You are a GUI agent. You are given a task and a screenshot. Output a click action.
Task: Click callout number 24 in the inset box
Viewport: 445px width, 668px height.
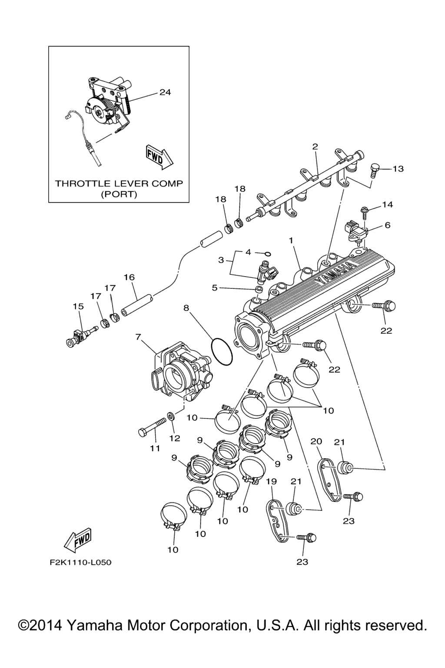point(165,92)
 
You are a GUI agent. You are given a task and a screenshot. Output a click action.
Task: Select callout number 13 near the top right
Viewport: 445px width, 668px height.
point(398,169)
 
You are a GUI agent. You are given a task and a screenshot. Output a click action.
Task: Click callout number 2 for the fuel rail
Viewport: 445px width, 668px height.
point(315,146)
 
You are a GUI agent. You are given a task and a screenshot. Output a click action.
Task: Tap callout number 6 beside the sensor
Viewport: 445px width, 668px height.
point(387,225)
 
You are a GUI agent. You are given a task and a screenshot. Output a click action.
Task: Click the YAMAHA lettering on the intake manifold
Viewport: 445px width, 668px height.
point(334,274)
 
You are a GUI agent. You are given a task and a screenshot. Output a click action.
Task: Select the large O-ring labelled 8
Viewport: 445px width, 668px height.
point(222,352)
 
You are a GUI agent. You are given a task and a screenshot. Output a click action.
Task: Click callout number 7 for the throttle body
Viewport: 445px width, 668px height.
point(138,337)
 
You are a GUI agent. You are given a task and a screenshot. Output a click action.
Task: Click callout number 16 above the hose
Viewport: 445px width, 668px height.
point(129,277)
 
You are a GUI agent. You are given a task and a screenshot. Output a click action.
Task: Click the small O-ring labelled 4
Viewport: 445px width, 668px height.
point(268,254)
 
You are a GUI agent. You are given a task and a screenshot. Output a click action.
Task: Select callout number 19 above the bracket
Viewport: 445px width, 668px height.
point(271,482)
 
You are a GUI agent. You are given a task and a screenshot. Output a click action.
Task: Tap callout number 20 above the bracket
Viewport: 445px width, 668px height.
point(316,441)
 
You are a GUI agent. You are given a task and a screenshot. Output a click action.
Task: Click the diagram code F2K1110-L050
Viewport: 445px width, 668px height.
point(80,562)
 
